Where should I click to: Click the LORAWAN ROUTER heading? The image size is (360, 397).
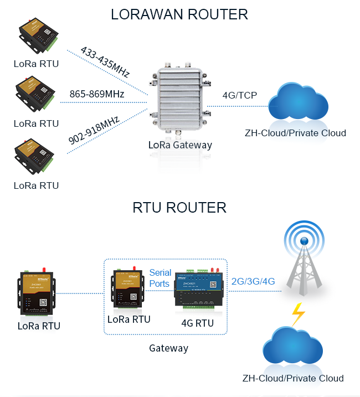pos(179,14)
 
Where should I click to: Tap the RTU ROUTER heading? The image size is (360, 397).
pos(179,208)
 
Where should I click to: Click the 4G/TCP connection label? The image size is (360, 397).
pos(239,95)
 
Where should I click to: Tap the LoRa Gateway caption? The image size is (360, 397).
pos(180,146)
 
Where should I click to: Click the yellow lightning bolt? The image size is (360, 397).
pos(298,314)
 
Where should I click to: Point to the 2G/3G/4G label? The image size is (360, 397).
pos(253,281)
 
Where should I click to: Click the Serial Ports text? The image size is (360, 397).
pos(160,279)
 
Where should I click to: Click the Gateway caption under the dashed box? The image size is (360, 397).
pos(168,348)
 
